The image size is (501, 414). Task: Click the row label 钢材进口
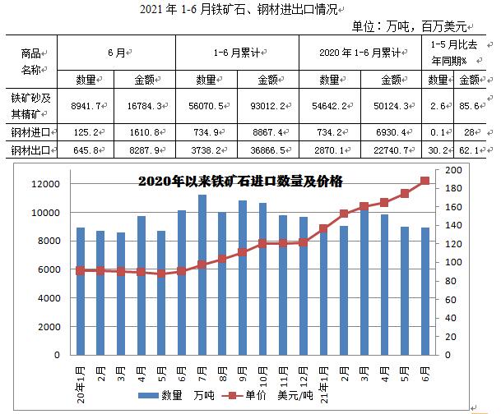pyautogui.click(x=30, y=131)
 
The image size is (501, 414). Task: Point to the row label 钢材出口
pyautogui.click(x=30, y=151)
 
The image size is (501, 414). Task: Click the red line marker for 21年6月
pyautogui.click(x=425, y=181)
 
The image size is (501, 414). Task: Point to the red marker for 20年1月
pyautogui.click(x=80, y=270)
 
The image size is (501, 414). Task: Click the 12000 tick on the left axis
pyautogui.click(x=45, y=184)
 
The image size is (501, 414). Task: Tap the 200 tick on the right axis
pyautogui.click(x=453, y=170)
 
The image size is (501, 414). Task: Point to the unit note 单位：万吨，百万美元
pyautogui.click(x=419, y=25)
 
